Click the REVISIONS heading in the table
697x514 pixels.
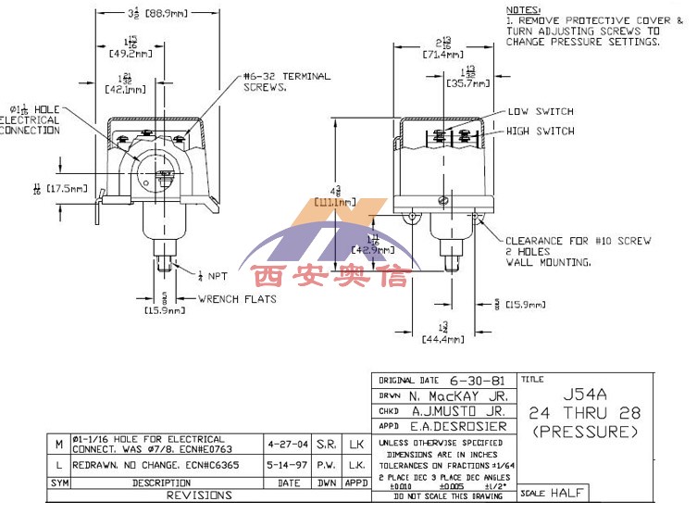pyautogui.click(x=203, y=495)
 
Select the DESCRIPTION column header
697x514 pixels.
pyautogui.click(x=161, y=482)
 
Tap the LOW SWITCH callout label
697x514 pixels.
pyautogui.click(x=541, y=112)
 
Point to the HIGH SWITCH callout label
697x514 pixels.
pyautogui.click(x=540, y=132)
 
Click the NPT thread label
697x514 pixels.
pyautogui.click(x=215, y=276)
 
